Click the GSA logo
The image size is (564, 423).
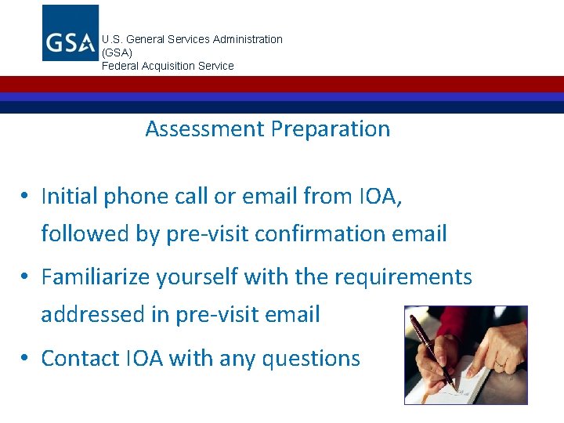[x=70, y=33]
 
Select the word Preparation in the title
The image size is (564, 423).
[x=330, y=129]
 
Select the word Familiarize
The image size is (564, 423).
[x=97, y=277]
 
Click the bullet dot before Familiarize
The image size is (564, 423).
[x=26, y=277]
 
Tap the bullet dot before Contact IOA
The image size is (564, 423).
[x=26, y=359]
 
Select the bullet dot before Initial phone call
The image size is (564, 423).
[x=26, y=197]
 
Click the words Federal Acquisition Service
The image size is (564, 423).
[x=168, y=66]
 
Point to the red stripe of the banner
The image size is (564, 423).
[x=282, y=84]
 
